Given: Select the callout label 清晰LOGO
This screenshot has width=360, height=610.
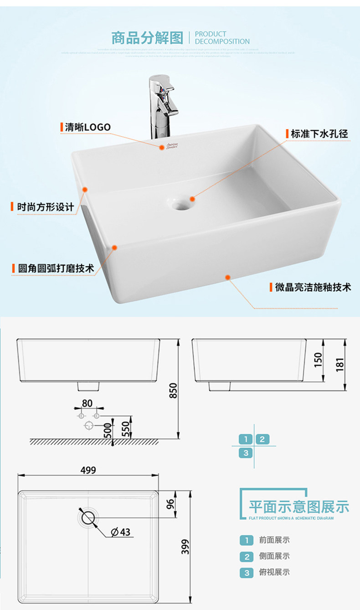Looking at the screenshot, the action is [87, 127].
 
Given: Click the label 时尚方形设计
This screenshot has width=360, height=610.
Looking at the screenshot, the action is [45, 207].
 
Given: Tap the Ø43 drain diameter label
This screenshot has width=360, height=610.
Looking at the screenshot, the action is [121, 532].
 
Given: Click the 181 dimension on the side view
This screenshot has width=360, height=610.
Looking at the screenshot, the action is [340, 362].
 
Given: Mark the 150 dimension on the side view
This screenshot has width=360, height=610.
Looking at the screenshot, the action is [318, 360].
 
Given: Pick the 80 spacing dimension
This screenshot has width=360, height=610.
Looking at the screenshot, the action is [87, 403].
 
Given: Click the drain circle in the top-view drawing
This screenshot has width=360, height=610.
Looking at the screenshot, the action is [87, 517].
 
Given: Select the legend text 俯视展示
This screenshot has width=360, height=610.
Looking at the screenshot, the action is [274, 572].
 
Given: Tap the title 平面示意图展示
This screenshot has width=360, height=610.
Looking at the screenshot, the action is [298, 507].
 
